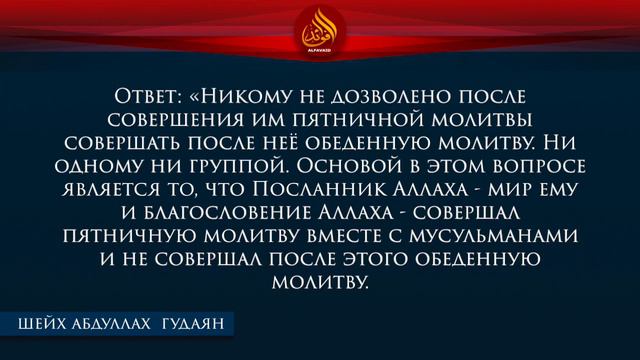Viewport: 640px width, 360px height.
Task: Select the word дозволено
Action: (375, 98)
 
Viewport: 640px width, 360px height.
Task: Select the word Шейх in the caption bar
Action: (43, 323)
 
